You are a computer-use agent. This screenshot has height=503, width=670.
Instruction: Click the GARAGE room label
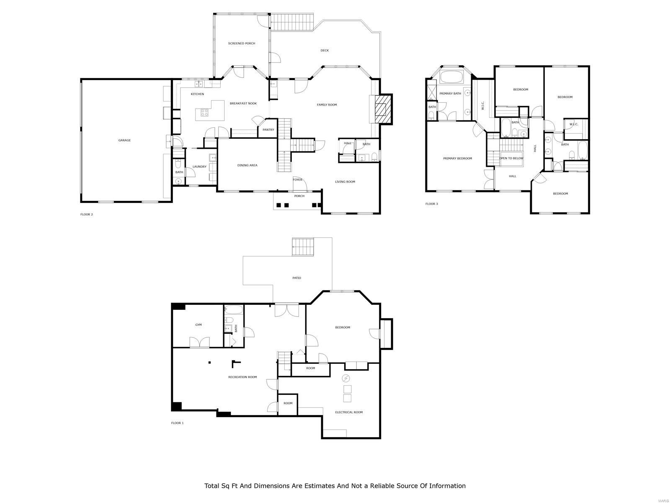[124, 140]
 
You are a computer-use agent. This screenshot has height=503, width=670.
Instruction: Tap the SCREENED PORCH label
[242, 44]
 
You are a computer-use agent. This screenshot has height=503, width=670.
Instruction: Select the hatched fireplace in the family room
[382, 109]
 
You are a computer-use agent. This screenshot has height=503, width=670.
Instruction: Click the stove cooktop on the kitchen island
[205, 112]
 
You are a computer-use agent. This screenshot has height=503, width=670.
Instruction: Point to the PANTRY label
[268, 130]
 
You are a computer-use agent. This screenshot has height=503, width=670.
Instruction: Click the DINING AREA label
[247, 166]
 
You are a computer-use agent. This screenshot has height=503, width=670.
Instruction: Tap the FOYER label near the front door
[297, 180]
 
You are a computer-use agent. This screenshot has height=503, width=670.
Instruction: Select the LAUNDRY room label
[199, 167]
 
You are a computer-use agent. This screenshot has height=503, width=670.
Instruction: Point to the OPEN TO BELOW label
[511, 158]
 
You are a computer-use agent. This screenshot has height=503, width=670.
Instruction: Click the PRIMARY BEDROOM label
[458, 158]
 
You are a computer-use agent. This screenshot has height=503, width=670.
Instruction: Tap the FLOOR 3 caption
[432, 204]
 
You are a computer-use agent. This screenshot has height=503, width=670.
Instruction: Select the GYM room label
[198, 325]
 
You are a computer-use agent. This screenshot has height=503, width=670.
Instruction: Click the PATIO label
[296, 278]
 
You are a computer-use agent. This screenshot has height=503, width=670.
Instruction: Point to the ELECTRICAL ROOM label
[349, 412]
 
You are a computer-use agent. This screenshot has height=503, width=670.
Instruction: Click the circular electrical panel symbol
[346, 379]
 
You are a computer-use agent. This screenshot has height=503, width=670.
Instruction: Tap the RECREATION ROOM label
[242, 377]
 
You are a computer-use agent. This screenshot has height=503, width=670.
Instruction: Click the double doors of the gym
[199, 342]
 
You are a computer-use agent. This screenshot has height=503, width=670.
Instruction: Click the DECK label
[325, 51]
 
